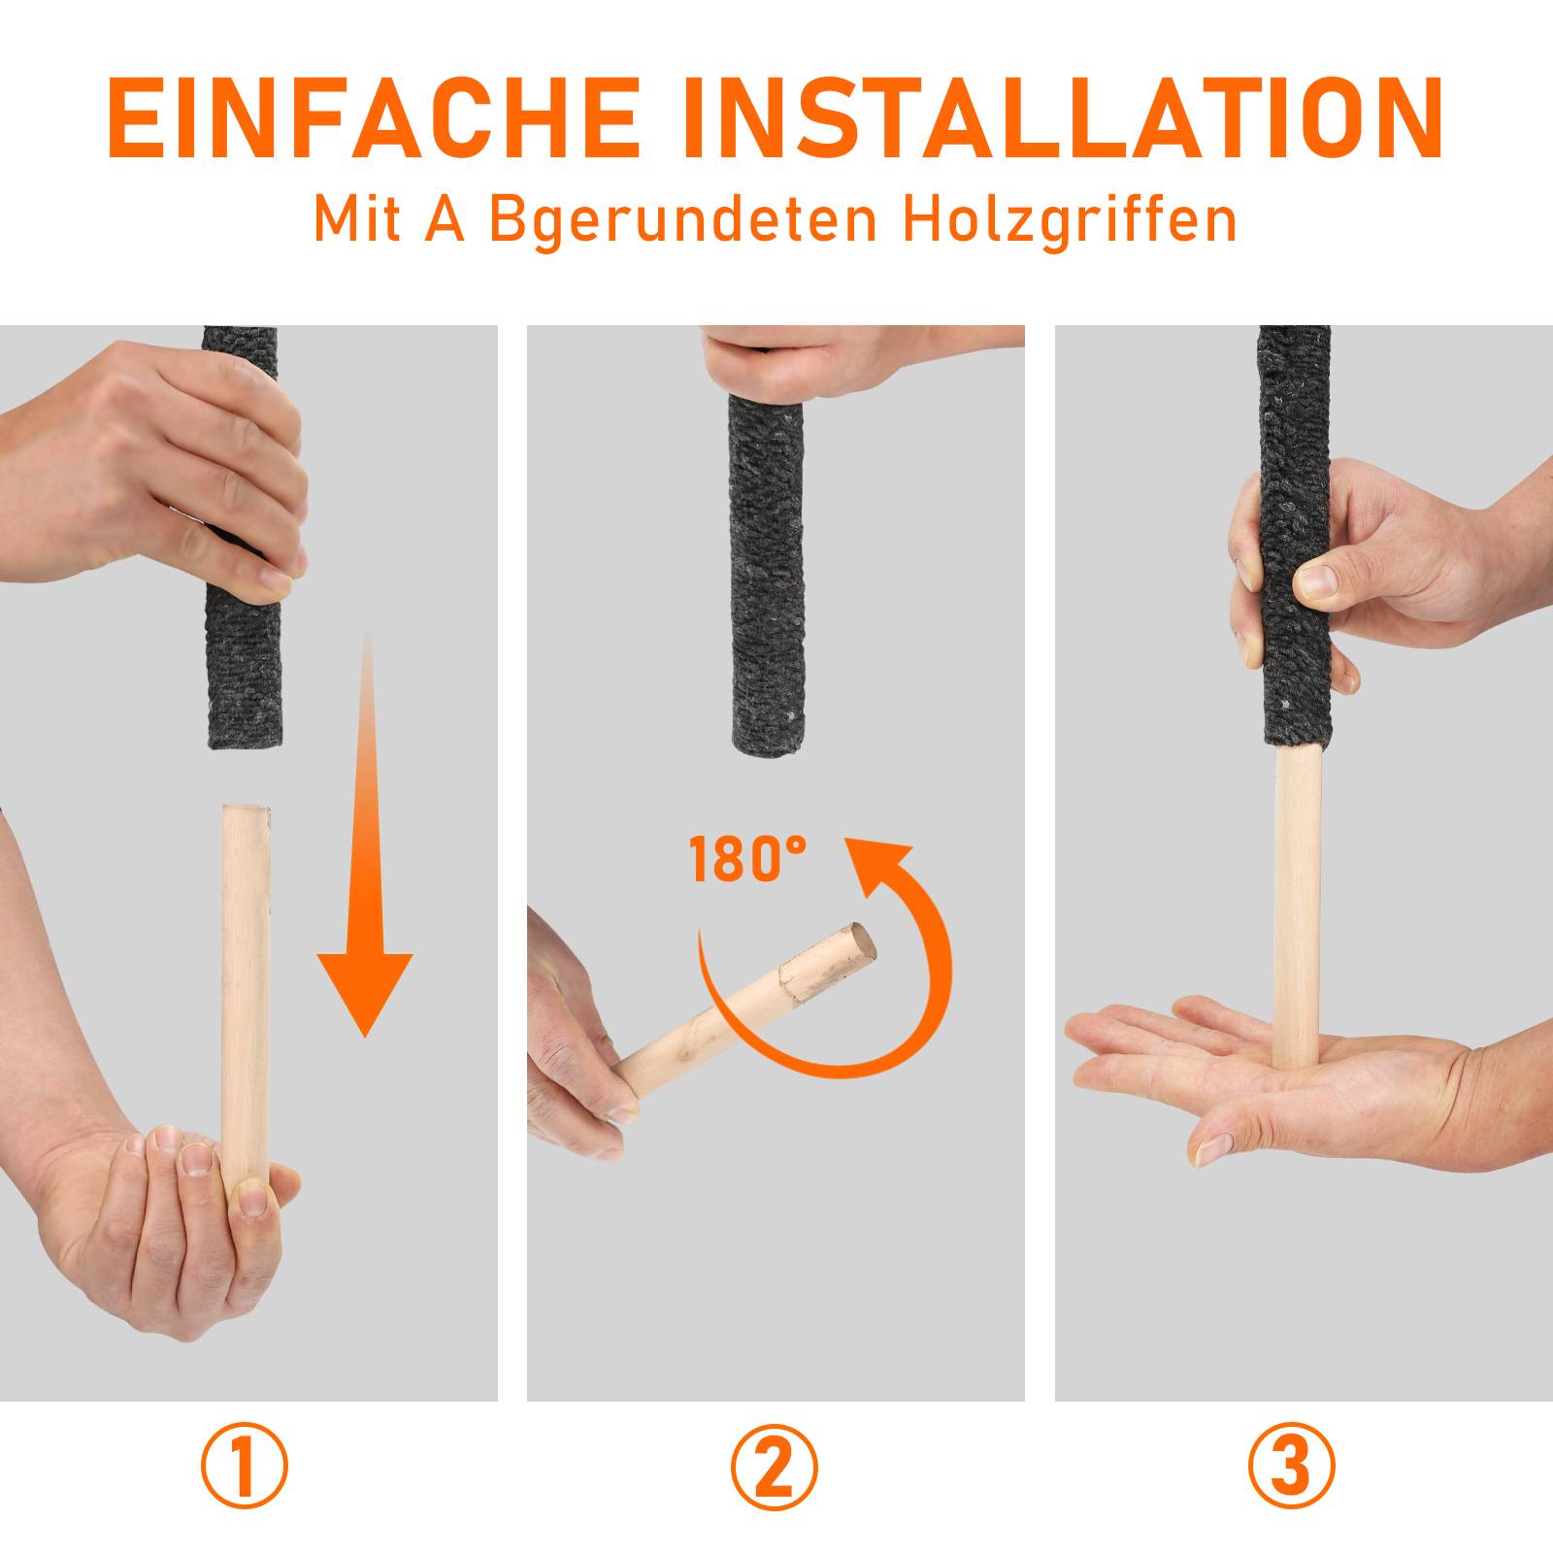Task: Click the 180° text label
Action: pyautogui.click(x=747, y=860)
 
